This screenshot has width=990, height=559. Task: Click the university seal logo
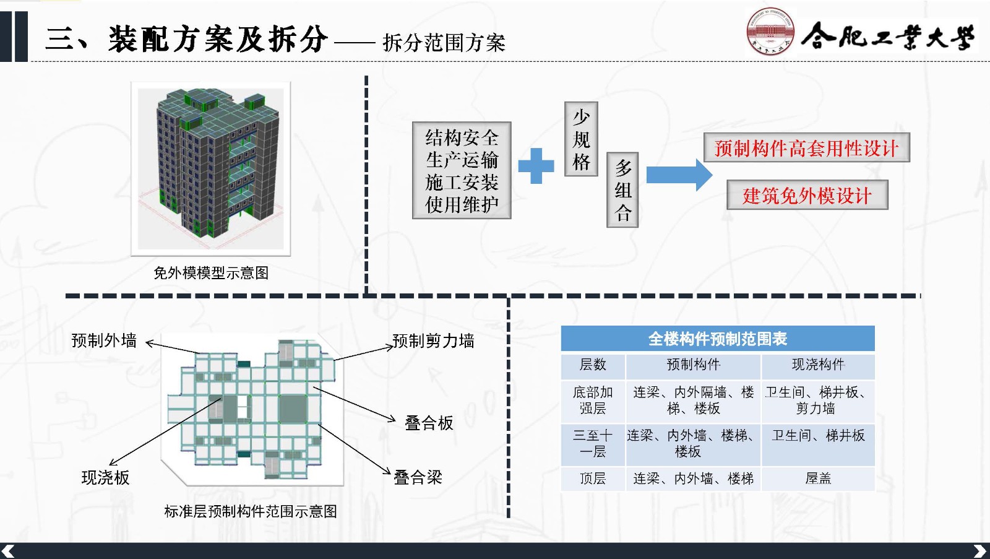point(770,32)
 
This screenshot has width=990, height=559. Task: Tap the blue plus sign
point(536,165)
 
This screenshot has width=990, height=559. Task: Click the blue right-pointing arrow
point(679,175)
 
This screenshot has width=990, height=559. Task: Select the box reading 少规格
point(581,139)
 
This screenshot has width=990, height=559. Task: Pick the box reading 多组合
point(622,190)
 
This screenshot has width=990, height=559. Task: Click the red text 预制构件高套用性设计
point(806,148)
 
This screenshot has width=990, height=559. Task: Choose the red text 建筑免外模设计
point(807,196)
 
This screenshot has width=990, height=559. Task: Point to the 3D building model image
point(211,168)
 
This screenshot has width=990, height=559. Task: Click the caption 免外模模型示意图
point(211,273)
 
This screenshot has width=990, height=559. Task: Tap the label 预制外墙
point(104,340)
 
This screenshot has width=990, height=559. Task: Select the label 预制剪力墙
point(433,340)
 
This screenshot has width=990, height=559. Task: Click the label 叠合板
point(429,423)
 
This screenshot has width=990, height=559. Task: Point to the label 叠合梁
point(418,477)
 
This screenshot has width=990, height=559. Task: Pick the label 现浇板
point(106,477)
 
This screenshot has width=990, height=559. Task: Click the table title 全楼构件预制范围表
point(717,339)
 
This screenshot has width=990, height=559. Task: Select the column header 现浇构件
point(818,365)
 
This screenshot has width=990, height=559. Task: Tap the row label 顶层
point(593,479)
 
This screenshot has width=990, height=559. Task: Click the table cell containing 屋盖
point(818,479)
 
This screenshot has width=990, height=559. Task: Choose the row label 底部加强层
point(593,401)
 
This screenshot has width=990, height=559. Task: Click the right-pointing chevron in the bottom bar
point(979,551)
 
